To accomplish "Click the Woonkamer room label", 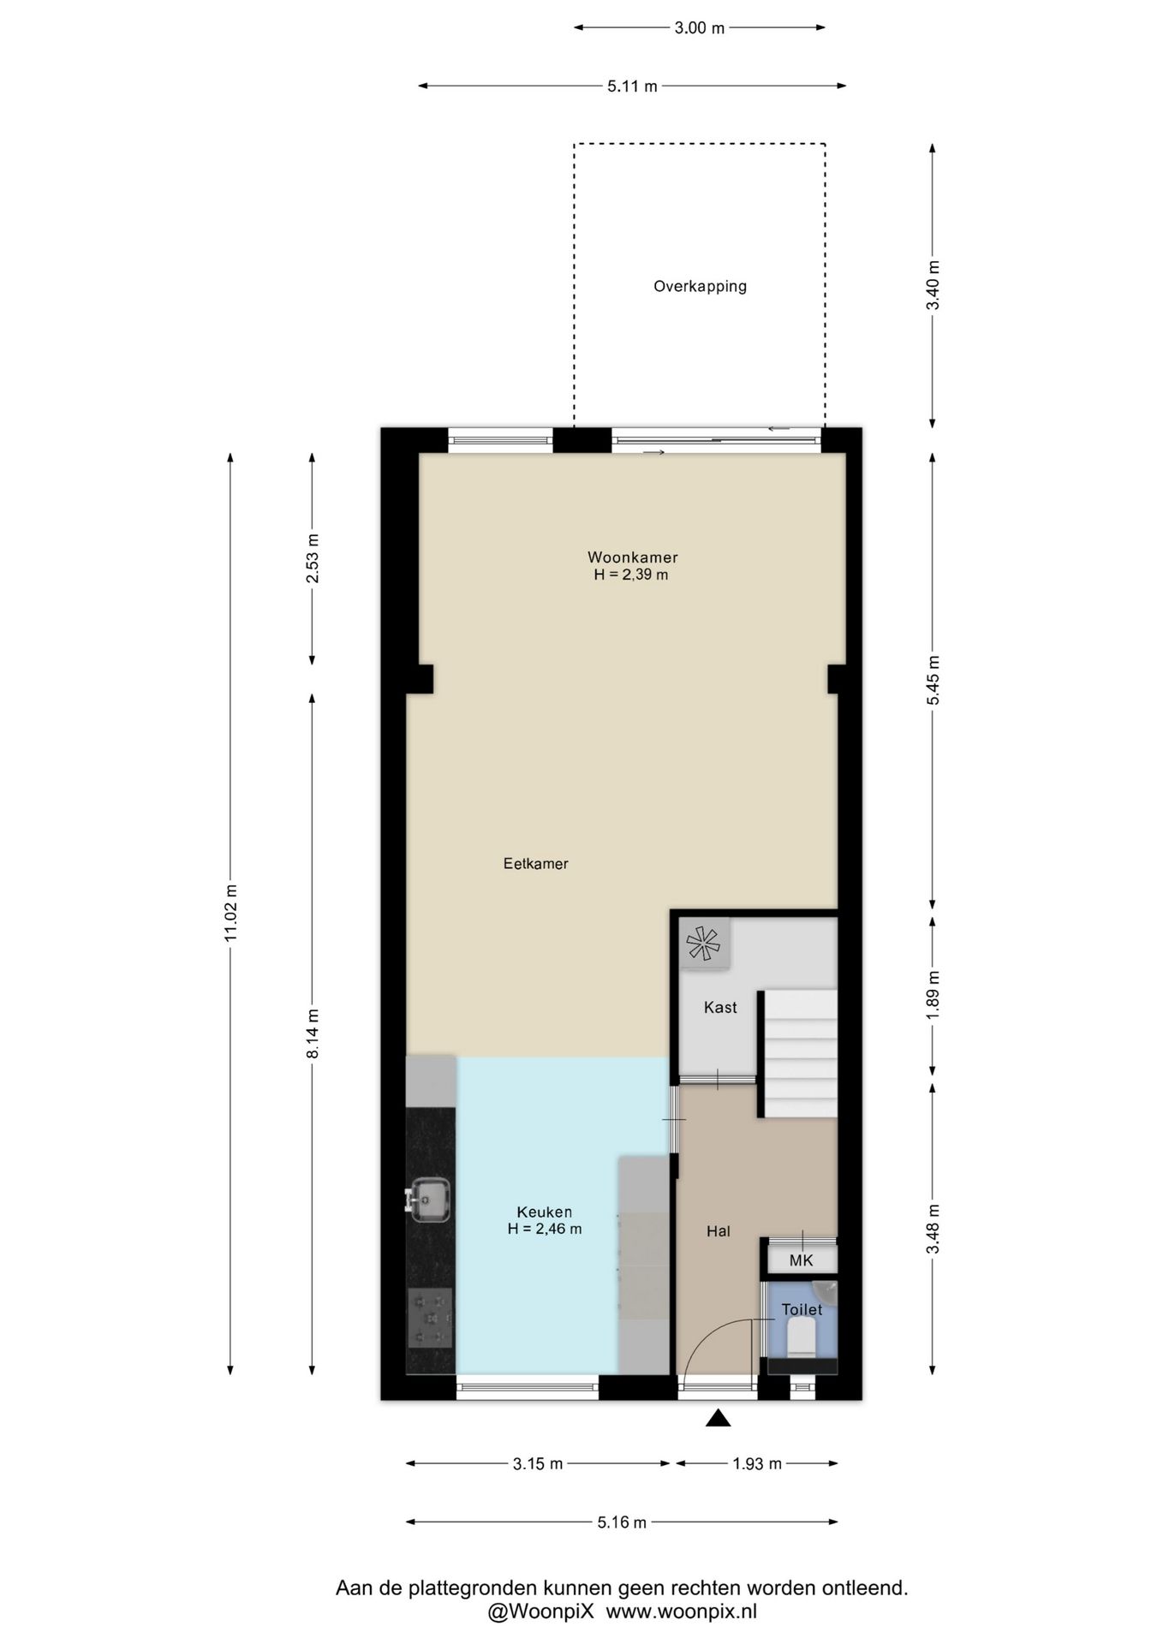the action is (x=632, y=557).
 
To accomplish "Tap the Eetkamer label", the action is (x=536, y=864).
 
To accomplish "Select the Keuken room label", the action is (x=545, y=1212).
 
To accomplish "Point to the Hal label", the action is (x=719, y=1231).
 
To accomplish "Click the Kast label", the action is (x=720, y=1008).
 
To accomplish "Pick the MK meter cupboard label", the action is (x=801, y=1260).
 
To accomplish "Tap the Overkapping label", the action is (x=700, y=287).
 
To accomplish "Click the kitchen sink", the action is (x=428, y=1199).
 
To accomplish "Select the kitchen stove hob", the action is (x=431, y=1318).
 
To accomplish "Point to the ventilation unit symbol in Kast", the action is (x=704, y=944).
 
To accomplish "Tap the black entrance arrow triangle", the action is (x=718, y=1419).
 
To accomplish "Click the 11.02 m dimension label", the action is (x=230, y=913).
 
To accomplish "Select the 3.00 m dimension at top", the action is (x=699, y=28).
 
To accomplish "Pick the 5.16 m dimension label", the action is (x=622, y=1522).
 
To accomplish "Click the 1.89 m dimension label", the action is (x=933, y=994).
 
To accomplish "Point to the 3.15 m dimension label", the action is (x=538, y=1464).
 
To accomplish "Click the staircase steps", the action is (x=800, y=1053).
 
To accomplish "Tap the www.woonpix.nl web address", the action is (x=682, y=1611).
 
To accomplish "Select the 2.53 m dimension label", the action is (x=313, y=558).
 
